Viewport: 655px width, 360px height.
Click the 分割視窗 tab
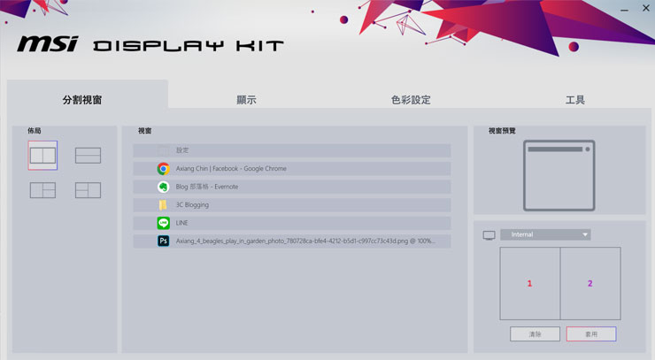click(82, 100)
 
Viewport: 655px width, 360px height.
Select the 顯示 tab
click(246, 100)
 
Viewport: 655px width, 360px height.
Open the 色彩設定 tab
click(411, 100)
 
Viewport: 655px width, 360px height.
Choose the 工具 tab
click(575, 100)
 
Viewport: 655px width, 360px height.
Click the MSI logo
click(48, 44)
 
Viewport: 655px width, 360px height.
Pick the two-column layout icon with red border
click(42, 155)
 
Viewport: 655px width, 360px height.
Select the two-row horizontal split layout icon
click(88, 156)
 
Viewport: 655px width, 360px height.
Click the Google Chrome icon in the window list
click(163, 169)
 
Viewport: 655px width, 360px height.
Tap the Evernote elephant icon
click(163, 187)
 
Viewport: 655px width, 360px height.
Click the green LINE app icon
click(163, 223)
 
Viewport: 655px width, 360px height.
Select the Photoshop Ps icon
click(163, 241)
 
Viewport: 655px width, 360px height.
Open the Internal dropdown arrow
click(585, 234)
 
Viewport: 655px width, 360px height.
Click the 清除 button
click(535, 334)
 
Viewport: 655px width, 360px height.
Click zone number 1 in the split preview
click(529, 283)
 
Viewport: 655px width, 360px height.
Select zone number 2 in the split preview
click(590, 283)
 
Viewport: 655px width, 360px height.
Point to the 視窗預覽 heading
click(502, 131)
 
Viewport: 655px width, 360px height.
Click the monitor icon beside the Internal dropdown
click(489, 235)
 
